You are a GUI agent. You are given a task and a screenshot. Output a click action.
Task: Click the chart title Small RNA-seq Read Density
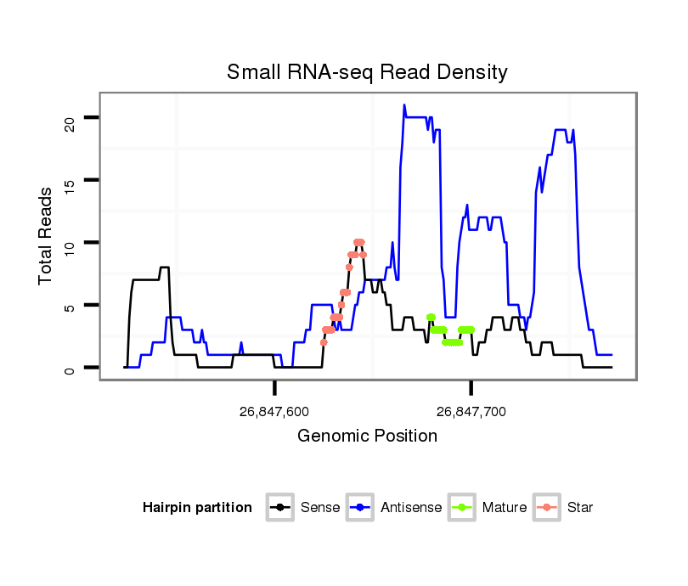coord(367,72)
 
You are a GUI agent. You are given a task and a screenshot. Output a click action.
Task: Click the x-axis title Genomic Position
coord(367,437)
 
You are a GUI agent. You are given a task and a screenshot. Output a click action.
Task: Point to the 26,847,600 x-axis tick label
coord(274,412)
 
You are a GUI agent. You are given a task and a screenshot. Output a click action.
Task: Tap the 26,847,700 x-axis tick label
coord(471,412)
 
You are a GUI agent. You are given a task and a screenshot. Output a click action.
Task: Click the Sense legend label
coord(320,508)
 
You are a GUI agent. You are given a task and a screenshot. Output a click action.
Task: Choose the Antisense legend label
coord(411,508)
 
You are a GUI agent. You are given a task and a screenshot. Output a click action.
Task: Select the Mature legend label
coord(505,508)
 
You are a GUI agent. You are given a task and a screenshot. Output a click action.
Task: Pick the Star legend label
coord(580,508)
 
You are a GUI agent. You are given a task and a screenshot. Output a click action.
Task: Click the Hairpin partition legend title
coord(197,508)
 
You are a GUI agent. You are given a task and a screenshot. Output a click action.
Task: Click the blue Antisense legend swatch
coord(362,508)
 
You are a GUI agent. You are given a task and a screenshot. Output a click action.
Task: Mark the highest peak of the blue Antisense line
coord(404,105)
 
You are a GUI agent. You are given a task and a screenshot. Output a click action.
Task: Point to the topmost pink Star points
coord(358,243)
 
